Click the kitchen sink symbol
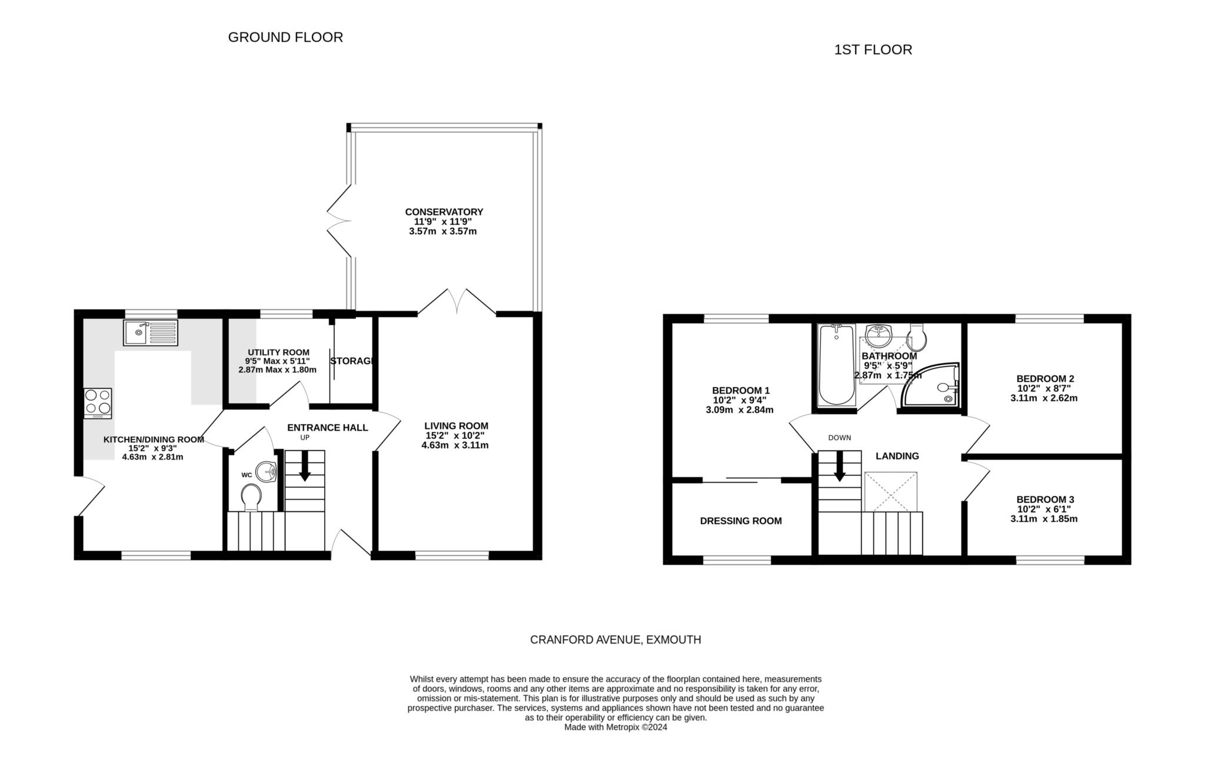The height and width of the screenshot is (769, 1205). pyautogui.click(x=151, y=332)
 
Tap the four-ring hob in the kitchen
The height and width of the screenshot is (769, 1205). pyautogui.click(x=98, y=403)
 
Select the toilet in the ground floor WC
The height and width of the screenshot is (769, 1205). pyautogui.click(x=252, y=498)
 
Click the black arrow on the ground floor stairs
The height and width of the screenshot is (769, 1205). pyautogui.click(x=305, y=468)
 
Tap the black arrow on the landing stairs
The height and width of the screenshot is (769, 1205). pyautogui.click(x=839, y=467)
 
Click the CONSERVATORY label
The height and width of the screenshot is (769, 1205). pyautogui.click(x=444, y=212)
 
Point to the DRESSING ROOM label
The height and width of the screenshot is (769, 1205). pyautogui.click(x=741, y=521)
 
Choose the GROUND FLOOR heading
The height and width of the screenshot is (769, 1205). pyautogui.click(x=285, y=37)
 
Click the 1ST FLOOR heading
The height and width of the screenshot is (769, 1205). pyautogui.click(x=873, y=49)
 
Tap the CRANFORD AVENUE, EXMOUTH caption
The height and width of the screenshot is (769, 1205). pyautogui.click(x=615, y=640)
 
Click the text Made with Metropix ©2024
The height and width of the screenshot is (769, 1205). pyautogui.click(x=615, y=727)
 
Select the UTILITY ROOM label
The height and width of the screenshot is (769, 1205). pyautogui.click(x=278, y=352)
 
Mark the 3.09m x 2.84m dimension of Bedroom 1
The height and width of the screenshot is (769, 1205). pyautogui.click(x=740, y=410)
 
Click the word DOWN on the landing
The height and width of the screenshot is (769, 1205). pyautogui.click(x=840, y=438)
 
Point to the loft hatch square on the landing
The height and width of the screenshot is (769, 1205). pyautogui.click(x=890, y=491)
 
